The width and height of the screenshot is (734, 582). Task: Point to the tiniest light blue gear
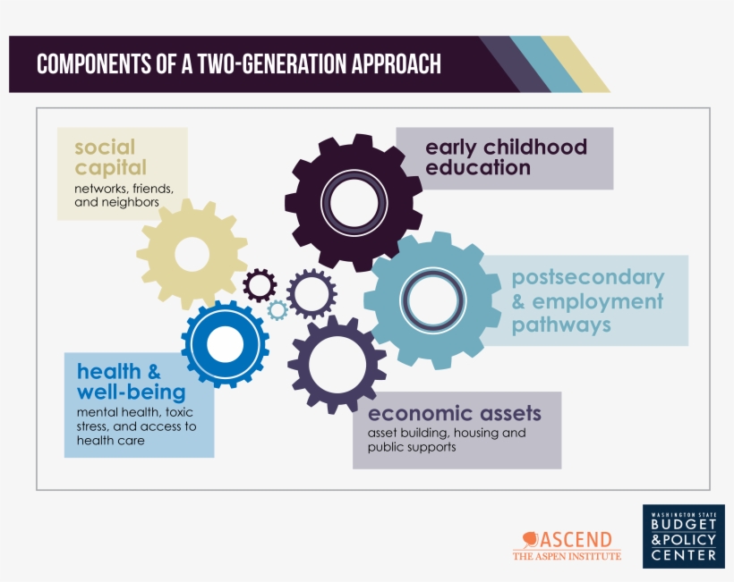[x=277, y=310]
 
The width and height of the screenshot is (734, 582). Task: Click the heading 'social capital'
[x=110, y=157]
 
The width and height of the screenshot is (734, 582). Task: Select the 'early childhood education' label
[x=506, y=157]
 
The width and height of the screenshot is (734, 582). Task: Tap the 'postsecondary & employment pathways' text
[x=587, y=300]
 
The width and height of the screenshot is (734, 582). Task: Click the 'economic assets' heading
[x=455, y=413]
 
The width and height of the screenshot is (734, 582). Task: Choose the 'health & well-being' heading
[x=131, y=382]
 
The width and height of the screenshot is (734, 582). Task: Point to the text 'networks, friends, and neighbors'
[x=123, y=196]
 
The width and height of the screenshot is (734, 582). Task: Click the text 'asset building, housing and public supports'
[x=447, y=440]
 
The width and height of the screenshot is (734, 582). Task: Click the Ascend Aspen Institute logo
[x=567, y=544]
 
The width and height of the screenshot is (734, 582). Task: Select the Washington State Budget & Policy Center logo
[x=683, y=536]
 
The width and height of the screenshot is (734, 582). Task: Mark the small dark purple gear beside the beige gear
[x=260, y=285]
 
